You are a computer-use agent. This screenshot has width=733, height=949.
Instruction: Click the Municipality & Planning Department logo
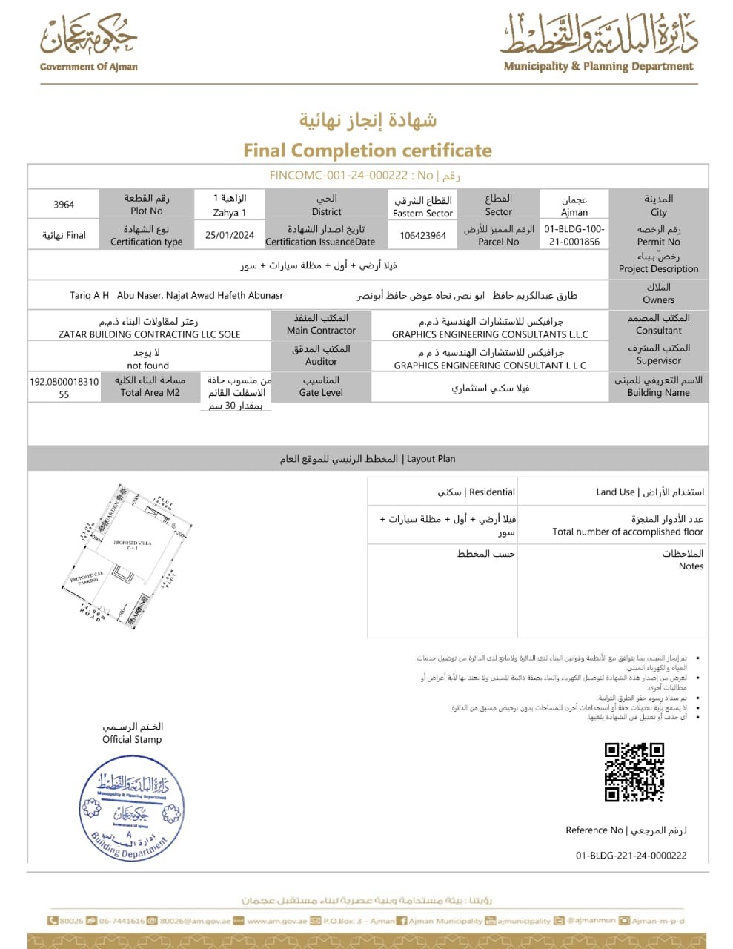click(x=599, y=42)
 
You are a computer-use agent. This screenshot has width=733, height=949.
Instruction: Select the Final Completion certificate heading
click(x=368, y=151)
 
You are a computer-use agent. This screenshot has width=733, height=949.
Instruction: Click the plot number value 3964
click(x=64, y=204)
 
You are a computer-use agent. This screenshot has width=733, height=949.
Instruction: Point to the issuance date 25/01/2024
click(x=230, y=235)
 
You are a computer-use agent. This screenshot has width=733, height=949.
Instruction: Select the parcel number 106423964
click(x=422, y=235)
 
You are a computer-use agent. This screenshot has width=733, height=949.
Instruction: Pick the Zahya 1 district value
click(x=230, y=212)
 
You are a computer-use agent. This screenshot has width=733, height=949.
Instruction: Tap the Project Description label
click(x=658, y=269)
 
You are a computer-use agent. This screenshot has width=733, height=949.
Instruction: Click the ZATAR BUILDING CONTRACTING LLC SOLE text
click(x=150, y=334)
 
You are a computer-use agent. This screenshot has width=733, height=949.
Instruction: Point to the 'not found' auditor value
click(x=148, y=366)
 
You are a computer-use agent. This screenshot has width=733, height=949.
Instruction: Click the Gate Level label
click(x=321, y=393)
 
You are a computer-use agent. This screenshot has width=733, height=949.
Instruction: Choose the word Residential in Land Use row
click(x=491, y=492)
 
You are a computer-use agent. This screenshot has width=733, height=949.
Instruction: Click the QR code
click(x=634, y=772)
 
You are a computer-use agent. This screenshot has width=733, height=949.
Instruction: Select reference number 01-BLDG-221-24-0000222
click(x=631, y=855)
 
